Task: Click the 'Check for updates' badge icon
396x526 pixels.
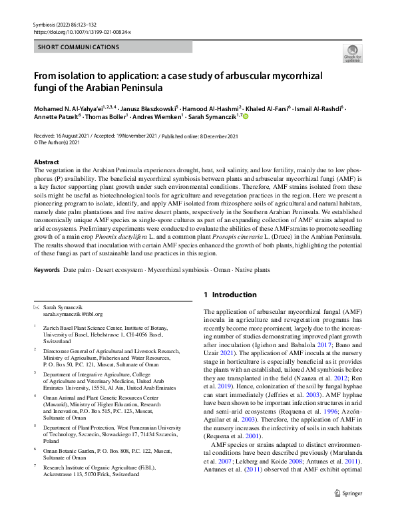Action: click(x=352, y=53)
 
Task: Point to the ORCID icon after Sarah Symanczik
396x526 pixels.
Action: click(x=245, y=116)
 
